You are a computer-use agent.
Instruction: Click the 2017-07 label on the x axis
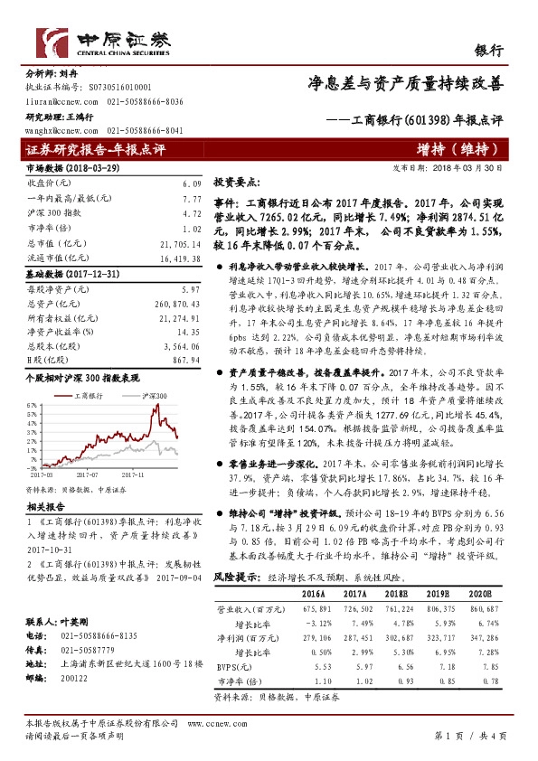click(87, 473)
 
